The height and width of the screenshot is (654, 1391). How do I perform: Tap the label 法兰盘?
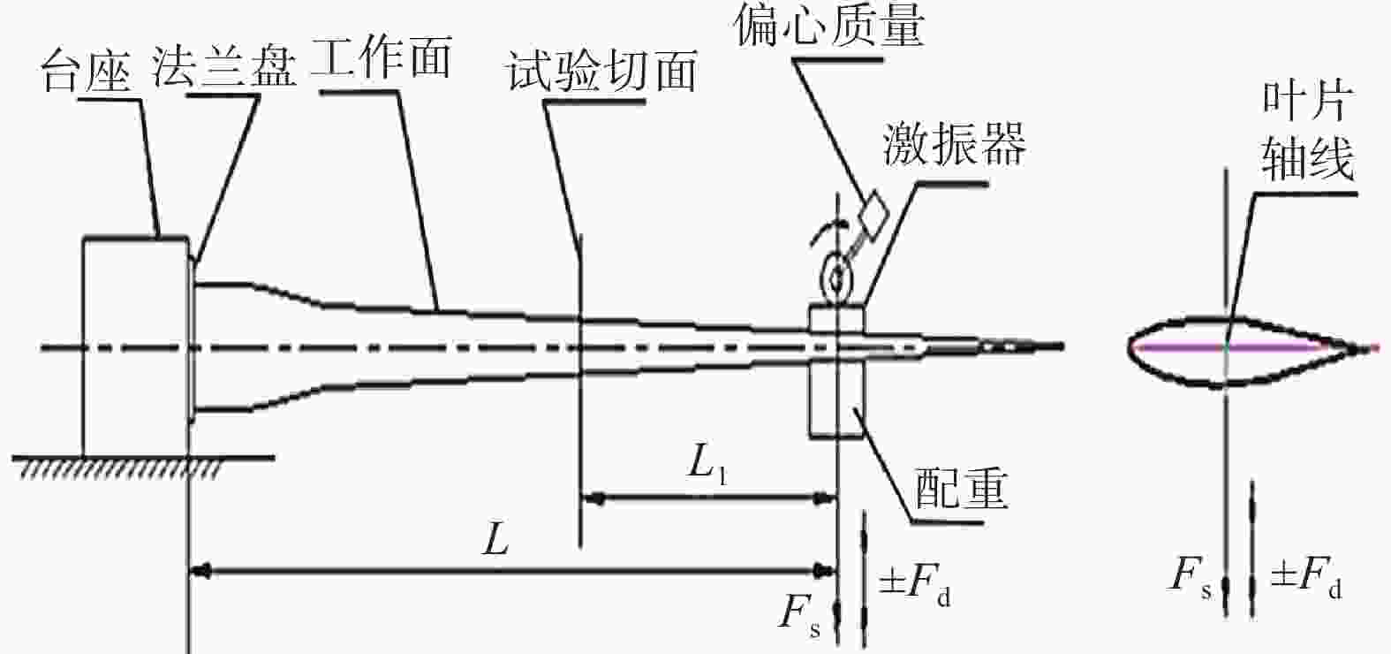(x=224, y=66)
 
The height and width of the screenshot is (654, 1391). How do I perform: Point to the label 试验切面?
(x=601, y=70)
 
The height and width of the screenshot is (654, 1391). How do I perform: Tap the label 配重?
(x=961, y=488)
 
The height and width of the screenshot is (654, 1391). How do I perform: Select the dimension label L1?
(x=707, y=464)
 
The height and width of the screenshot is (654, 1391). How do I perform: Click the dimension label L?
(x=496, y=539)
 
